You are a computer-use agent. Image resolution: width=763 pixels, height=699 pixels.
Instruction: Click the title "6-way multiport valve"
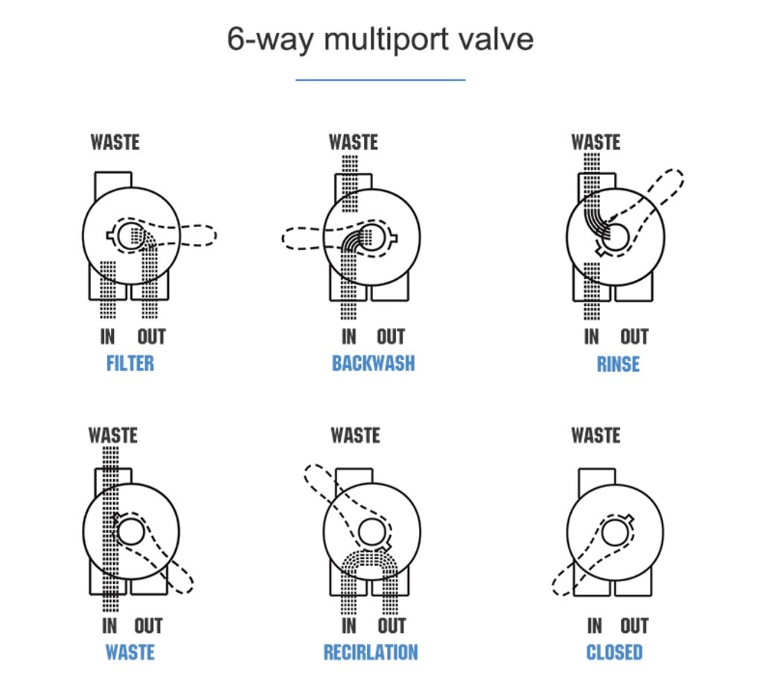(x=380, y=39)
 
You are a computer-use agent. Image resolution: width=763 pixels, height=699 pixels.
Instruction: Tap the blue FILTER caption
(x=130, y=363)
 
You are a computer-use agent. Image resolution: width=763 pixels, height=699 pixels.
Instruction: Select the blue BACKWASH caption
(x=373, y=363)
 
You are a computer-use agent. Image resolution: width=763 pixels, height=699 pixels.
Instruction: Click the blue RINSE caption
(x=618, y=364)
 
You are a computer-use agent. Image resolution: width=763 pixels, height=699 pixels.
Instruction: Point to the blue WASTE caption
(x=130, y=652)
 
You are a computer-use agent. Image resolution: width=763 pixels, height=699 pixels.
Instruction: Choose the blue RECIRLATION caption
(x=371, y=652)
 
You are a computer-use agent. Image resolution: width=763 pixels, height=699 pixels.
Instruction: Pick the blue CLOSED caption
(x=614, y=652)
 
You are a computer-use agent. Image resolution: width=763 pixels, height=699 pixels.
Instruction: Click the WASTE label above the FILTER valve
(x=115, y=142)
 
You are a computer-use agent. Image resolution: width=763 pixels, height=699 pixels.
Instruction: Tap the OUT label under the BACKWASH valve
(x=391, y=336)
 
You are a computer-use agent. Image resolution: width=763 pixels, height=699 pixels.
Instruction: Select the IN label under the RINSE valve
(x=591, y=336)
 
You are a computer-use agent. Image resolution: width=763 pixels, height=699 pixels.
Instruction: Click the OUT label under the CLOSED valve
(x=634, y=625)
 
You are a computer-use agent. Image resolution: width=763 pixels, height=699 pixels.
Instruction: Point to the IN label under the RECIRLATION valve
(x=349, y=625)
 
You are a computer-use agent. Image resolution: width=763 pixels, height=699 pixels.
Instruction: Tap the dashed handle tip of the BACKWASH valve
(x=283, y=238)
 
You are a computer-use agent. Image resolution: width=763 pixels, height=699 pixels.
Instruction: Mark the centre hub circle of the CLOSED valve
(x=616, y=532)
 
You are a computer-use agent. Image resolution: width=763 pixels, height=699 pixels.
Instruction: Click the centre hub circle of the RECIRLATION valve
(x=373, y=532)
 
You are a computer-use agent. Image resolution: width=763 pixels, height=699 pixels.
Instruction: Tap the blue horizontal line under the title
(x=380, y=80)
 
